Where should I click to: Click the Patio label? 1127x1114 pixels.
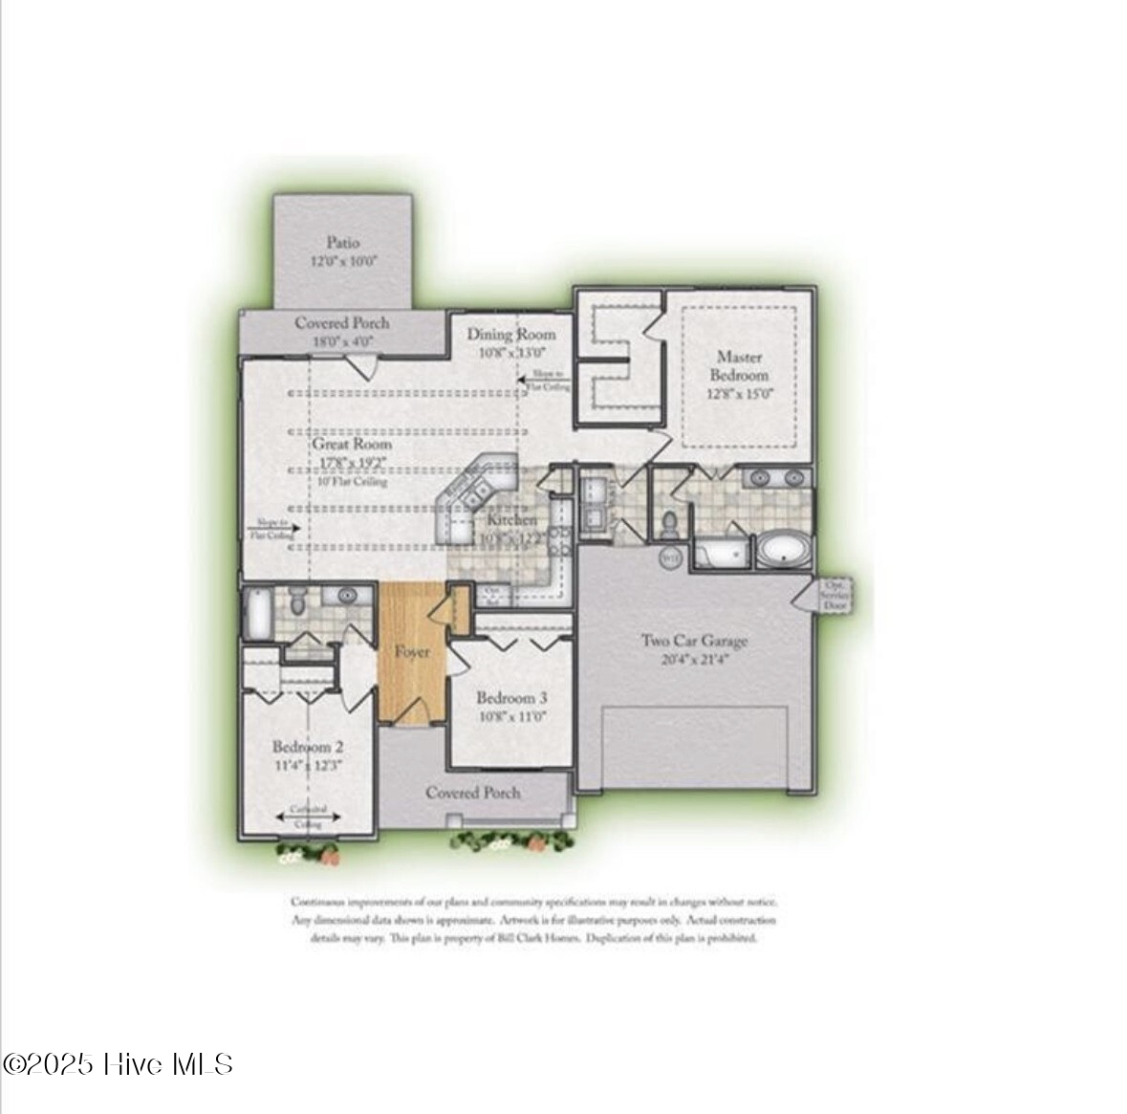tap(342, 243)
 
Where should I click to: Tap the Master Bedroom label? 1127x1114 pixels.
tap(739, 365)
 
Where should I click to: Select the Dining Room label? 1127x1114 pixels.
tap(510, 334)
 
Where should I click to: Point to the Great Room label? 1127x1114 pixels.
tap(352, 445)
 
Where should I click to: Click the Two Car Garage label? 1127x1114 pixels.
tap(694, 641)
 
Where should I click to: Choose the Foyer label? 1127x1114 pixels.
tap(413, 652)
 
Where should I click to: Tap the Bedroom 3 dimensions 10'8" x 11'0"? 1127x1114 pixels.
tap(511, 716)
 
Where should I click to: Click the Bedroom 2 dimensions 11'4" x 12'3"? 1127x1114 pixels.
tap(308, 765)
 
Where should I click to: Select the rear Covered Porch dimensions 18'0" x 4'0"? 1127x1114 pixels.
tap(341, 340)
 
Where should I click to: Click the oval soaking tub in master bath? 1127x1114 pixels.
tap(785, 551)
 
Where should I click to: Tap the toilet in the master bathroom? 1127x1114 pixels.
tap(670, 522)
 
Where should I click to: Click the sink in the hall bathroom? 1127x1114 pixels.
tap(346, 596)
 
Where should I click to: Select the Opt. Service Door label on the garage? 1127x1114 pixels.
tap(834, 595)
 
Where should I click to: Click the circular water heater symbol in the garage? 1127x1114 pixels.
tap(670, 557)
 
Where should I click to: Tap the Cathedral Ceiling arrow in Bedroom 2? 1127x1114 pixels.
tap(308, 816)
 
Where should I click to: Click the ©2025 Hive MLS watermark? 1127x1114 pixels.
tap(119, 1064)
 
